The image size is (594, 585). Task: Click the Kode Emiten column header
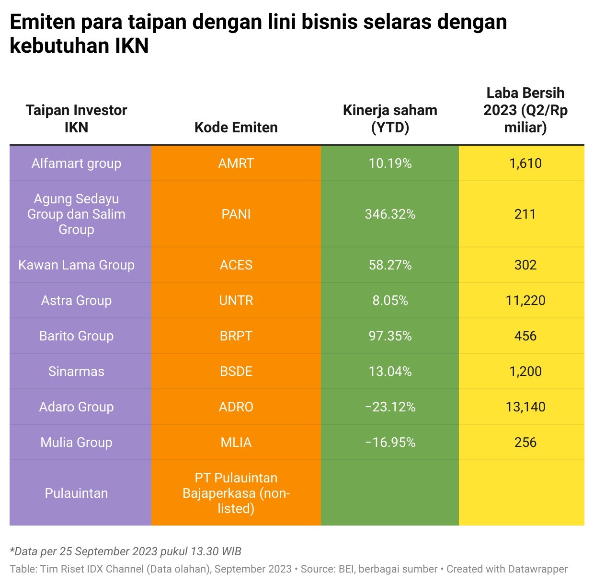point(236,128)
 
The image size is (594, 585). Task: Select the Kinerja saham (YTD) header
point(390,118)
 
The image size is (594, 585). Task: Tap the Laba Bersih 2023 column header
point(525,110)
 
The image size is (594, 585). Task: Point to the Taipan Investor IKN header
point(76,118)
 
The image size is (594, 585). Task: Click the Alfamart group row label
point(76,164)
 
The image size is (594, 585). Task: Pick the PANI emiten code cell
point(236,214)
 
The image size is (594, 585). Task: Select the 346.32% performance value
point(390,214)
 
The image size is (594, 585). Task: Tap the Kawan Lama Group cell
point(76,265)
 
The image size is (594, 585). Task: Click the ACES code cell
point(236,265)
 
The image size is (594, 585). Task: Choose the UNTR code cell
point(236,301)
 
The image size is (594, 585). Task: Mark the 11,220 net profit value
point(525,301)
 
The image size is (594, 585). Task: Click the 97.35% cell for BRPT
point(390,336)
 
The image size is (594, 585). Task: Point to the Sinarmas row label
point(76,372)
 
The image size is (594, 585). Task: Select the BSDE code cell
point(236,372)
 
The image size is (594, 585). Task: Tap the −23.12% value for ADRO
point(390,407)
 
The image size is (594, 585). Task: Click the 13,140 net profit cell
point(525,407)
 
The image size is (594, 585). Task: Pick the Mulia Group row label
point(76,443)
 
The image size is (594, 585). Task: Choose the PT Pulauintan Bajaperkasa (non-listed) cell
point(236,493)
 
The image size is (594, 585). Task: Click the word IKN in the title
point(132,46)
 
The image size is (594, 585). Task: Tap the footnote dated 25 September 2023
point(126,551)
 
